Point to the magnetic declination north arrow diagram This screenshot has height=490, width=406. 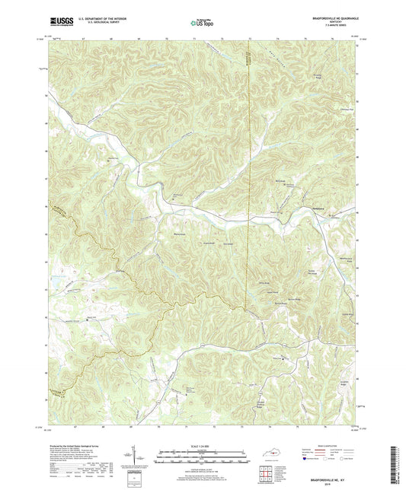pos(142,458)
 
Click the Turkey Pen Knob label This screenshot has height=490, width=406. pos(312,272)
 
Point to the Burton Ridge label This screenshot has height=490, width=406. pos(291,302)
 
